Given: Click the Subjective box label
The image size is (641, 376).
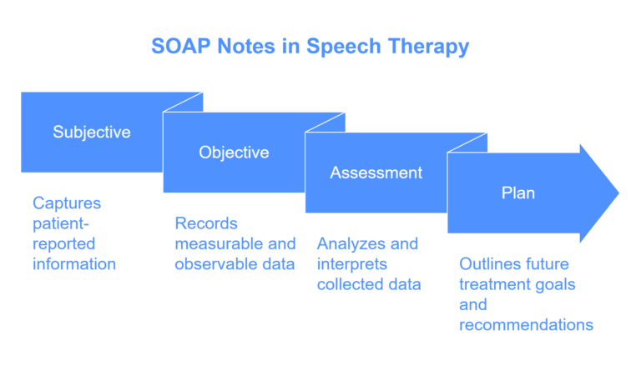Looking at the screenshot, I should pos(92,132).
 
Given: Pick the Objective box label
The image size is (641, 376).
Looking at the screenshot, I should pos(234,153).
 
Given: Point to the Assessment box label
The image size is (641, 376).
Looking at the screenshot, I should pos(376,173).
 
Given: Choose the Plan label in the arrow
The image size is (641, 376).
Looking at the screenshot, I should pos(517,193).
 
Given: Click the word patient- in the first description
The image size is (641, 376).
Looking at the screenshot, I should pos(60,223).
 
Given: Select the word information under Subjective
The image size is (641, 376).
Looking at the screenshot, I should pos(73,264).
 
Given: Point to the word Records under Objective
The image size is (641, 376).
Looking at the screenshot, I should pos(206,223).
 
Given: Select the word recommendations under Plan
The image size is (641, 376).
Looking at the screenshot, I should pos(526,325).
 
